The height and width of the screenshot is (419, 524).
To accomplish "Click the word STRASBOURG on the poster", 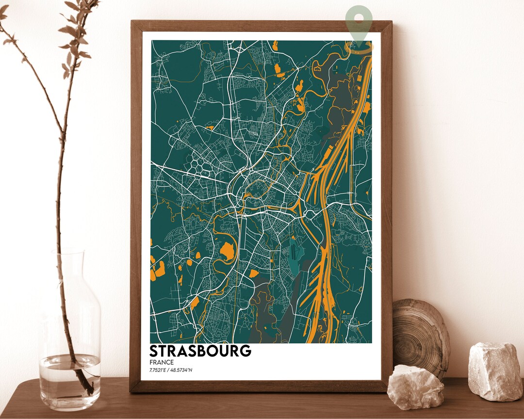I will pyautogui.click(x=200, y=351).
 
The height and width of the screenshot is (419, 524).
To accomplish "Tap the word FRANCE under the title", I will pyautogui.click(x=162, y=362).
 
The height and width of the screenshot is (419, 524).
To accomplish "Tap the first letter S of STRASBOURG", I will pyautogui.click(x=154, y=351).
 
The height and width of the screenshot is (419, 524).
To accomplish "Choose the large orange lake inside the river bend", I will pyautogui.click(x=226, y=251).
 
